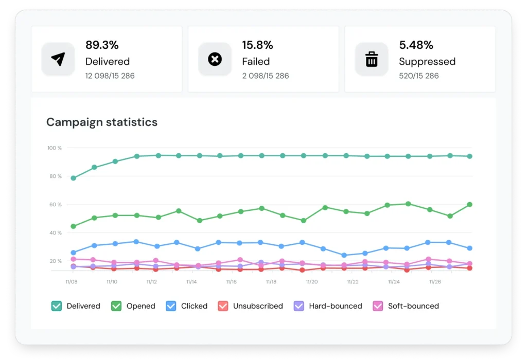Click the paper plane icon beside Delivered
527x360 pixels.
(58, 59)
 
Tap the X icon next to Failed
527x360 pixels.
(215, 59)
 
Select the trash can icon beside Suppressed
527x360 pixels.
(371, 59)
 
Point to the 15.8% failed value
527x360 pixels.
(257, 45)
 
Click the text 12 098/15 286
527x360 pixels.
(110, 76)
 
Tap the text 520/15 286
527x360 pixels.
(419, 76)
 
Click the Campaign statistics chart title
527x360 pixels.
(102, 122)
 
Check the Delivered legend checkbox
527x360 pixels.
(57, 306)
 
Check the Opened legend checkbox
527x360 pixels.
(116, 306)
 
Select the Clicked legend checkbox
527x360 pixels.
(171, 306)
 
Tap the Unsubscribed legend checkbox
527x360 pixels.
(223, 306)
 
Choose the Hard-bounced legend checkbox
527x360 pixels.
(298, 306)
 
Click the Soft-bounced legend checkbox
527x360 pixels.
(378, 306)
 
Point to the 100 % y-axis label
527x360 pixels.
(54, 148)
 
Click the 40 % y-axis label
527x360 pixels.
(55, 233)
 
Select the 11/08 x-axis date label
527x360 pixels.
(71, 282)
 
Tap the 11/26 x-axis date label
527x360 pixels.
(434, 282)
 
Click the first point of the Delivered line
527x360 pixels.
(74, 178)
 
